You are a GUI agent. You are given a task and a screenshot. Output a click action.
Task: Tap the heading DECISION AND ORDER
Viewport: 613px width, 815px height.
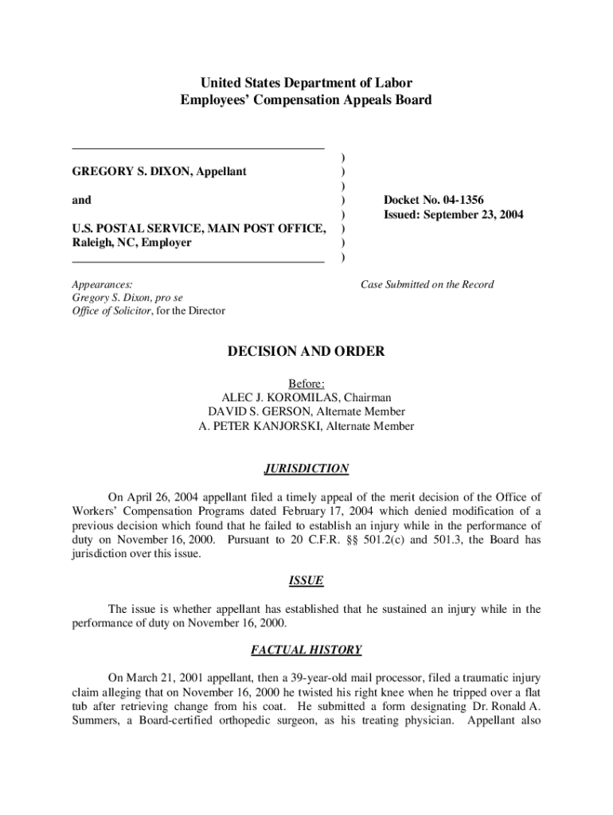tap(306, 352)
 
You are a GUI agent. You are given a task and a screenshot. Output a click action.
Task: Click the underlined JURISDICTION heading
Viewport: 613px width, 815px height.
tap(306, 469)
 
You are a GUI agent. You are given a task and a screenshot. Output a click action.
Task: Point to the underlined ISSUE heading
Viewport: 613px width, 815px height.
tap(306, 581)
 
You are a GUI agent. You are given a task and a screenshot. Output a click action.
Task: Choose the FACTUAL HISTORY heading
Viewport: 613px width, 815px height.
tap(306, 650)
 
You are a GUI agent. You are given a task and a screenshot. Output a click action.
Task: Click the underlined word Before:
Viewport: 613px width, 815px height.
tap(306, 383)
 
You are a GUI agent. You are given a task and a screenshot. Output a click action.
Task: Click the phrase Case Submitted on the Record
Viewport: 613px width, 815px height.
tap(427, 284)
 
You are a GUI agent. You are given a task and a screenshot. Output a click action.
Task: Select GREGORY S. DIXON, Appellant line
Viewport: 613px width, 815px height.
tap(159, 171)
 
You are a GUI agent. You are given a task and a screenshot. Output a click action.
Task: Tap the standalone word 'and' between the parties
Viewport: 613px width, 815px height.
tap(82, 201)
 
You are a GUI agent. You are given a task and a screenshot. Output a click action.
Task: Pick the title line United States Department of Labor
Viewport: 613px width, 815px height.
tap(306, 83)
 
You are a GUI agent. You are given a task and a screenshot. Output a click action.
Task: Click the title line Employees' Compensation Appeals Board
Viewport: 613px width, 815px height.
tap(306, 100)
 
